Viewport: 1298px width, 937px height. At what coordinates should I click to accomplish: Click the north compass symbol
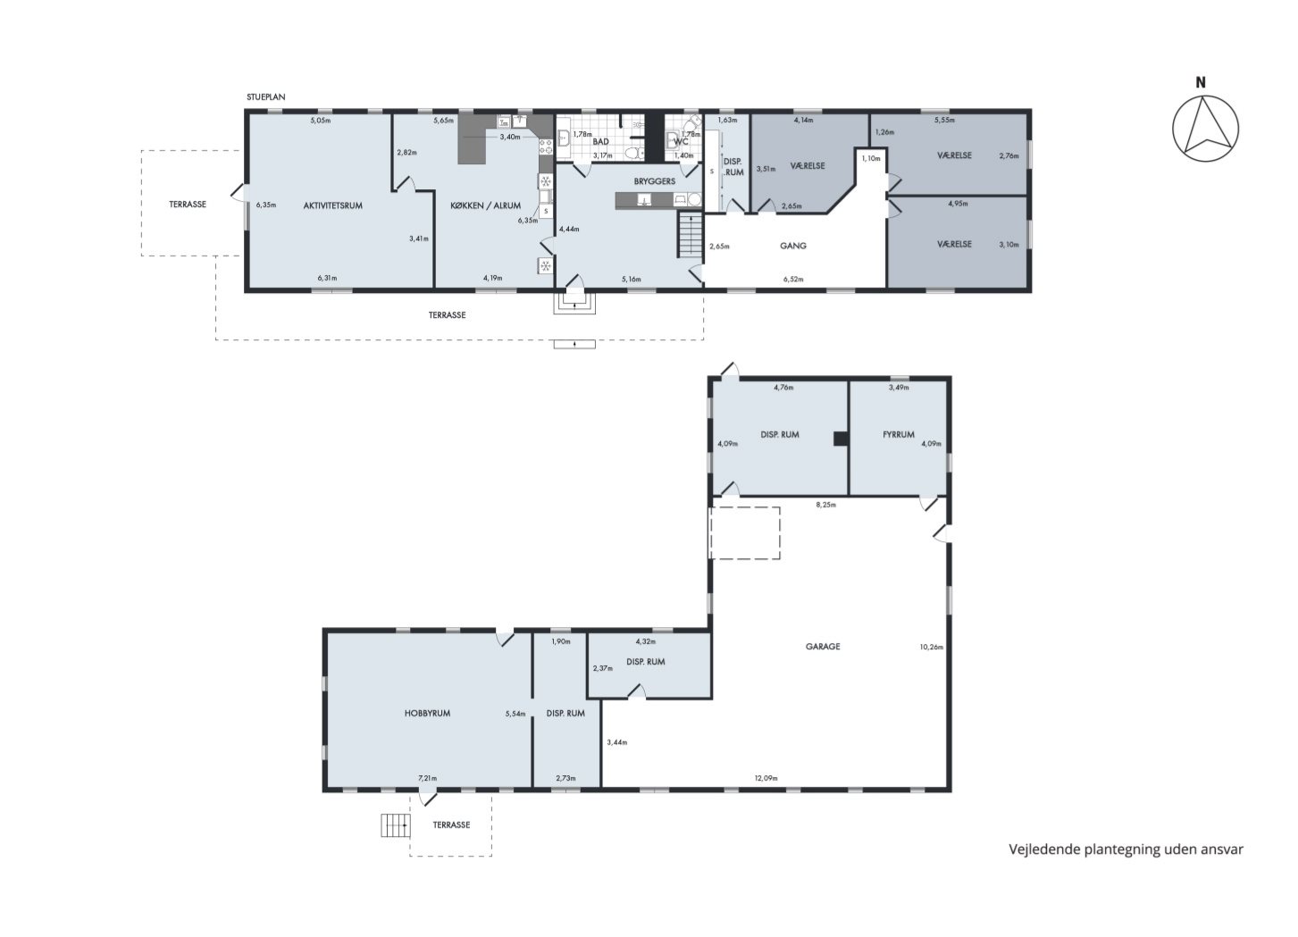tap(1205, 128)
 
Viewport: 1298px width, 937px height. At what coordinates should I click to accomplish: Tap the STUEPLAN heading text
tap(266, 96)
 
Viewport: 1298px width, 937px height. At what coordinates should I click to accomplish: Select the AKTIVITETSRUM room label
tap(332, 205)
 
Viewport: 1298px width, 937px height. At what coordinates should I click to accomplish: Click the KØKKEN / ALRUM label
tap(486, 205)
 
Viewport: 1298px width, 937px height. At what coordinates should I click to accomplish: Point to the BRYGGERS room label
tap(654, 181)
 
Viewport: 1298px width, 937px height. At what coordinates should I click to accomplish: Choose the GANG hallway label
tap(792, 246)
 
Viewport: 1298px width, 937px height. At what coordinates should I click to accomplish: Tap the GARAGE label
tap(822, 646)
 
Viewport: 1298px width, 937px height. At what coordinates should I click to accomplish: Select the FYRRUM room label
tap(898, 434)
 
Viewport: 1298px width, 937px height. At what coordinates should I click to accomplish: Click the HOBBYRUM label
tap(427, 714)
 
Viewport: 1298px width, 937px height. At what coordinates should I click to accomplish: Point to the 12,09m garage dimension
tap(766, 778)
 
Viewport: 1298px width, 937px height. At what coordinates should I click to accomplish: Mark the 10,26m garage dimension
tap(931, 647)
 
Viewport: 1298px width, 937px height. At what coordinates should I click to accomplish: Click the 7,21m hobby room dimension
tap(428, 778)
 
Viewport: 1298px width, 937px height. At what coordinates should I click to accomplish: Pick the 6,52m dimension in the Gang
tap(793, 280)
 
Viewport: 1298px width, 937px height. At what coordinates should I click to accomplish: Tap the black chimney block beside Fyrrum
tap(841, 439)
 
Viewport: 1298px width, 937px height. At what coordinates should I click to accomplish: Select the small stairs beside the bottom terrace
tap(395, 825)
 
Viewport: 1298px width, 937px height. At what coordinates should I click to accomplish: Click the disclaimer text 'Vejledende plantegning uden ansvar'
tap(1126, 849)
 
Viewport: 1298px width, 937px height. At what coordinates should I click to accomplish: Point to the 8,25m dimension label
tap(825, 505)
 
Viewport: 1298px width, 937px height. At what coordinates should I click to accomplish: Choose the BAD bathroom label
tap(601, 141)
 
